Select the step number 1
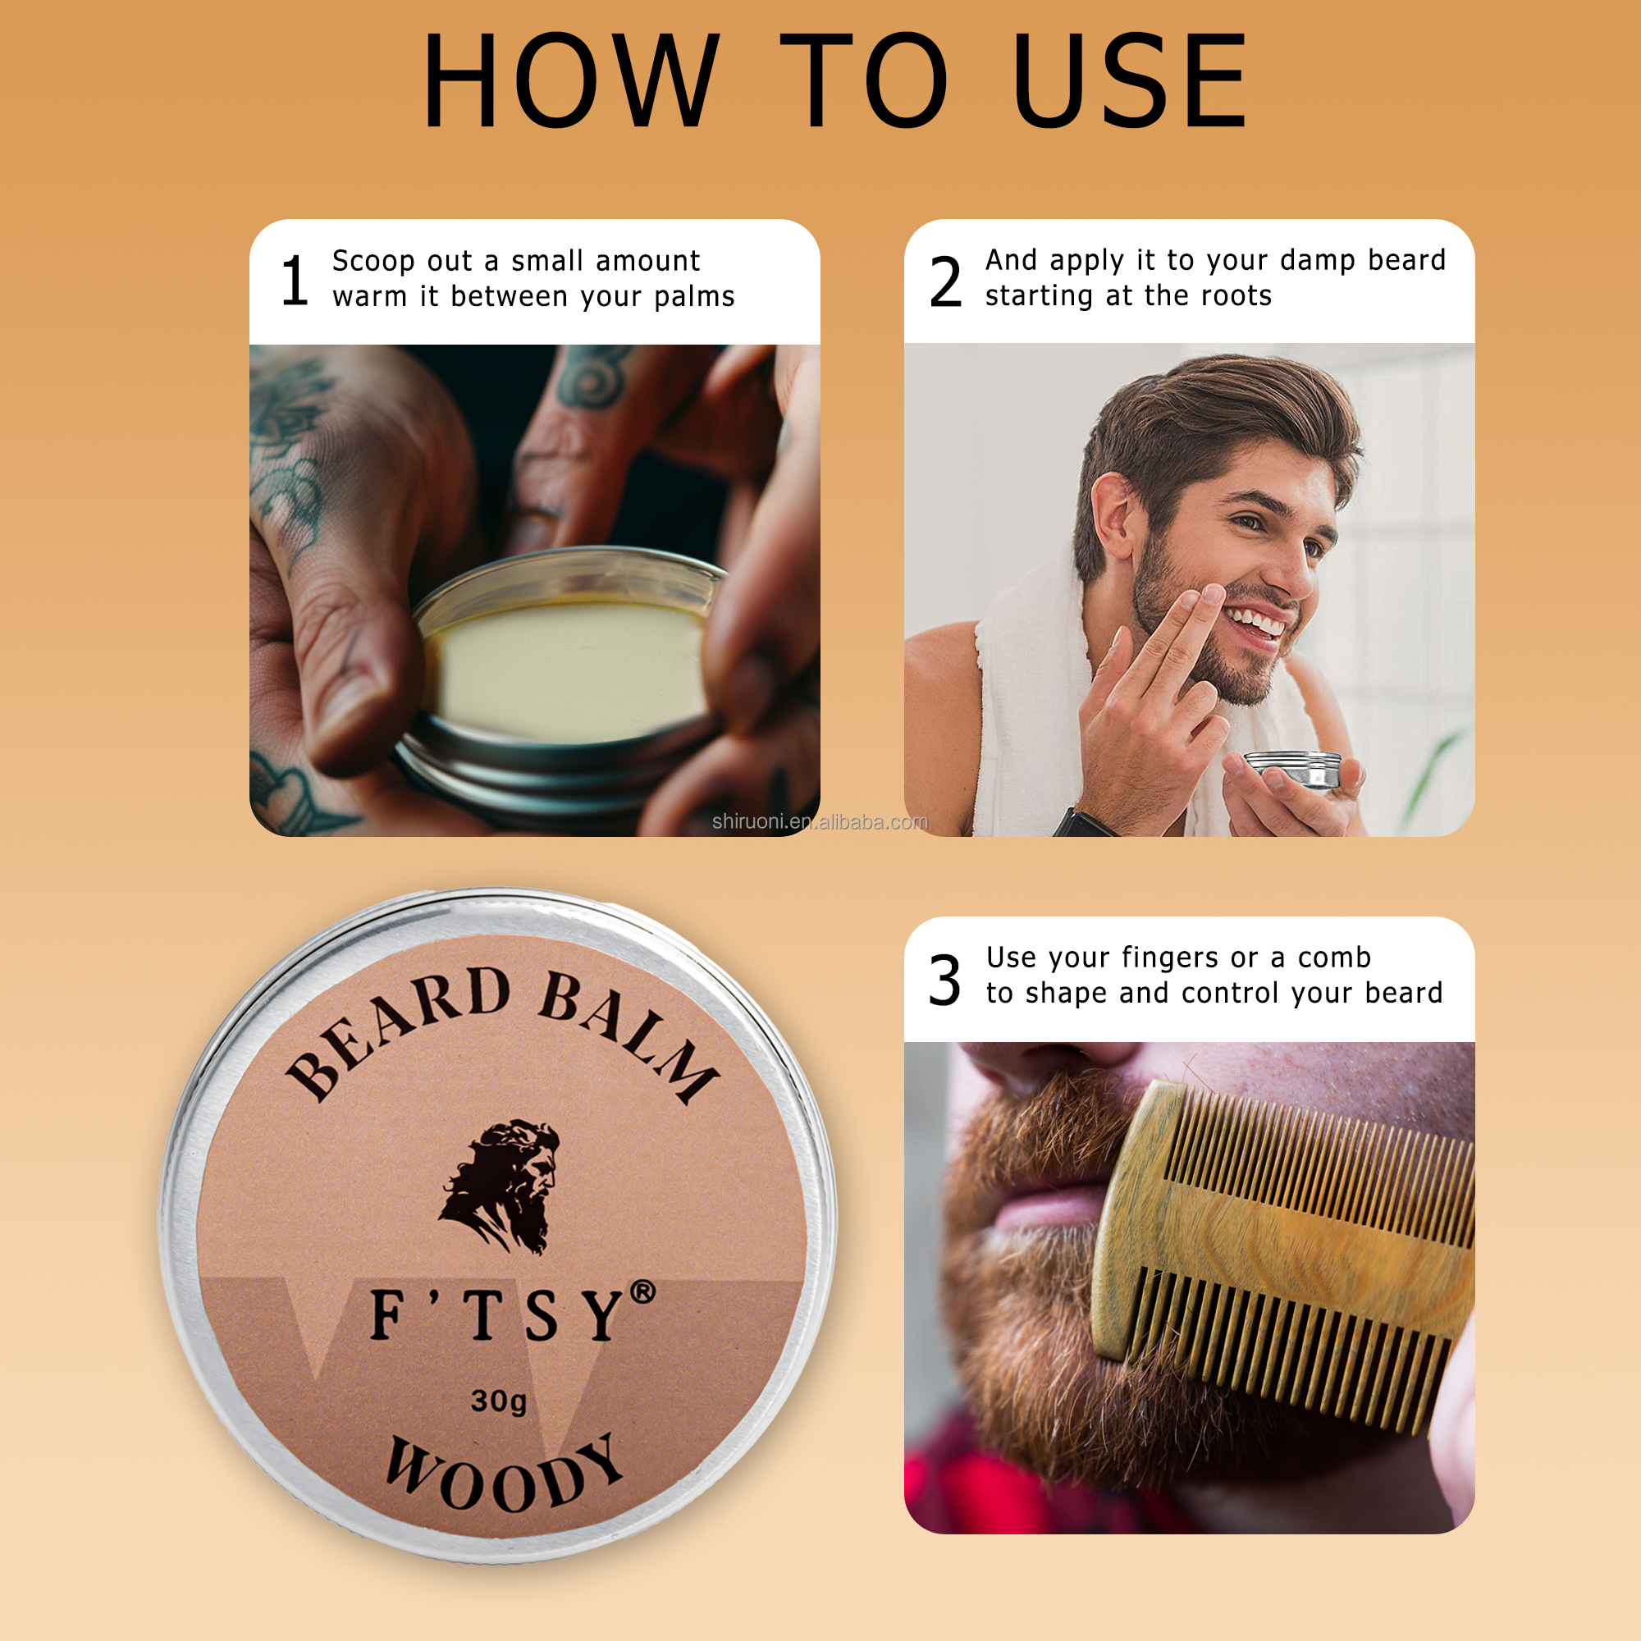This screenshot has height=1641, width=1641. pyautogui.click(x=294, y=281)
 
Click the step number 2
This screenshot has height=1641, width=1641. pyautogui.click(x=945, y=282)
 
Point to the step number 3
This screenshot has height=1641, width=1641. pyautogui.click(x=944, y=980)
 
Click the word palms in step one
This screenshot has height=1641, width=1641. pyautogui.click(x=694, y=297)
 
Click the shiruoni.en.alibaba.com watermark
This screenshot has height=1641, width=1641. pyautogui.click(x=820, y=821)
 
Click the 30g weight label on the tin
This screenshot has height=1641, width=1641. pyautogui.click(x=499, y=1401)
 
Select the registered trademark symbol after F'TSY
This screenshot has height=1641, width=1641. pyautogui.click(x=643, y=1293)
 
